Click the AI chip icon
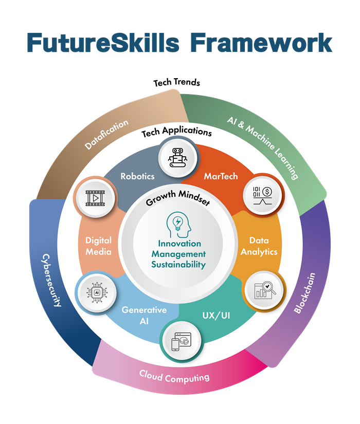pos(97,292)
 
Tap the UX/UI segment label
pos(218,314)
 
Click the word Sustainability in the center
pos(178,265)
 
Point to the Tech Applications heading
pos(176,132)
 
